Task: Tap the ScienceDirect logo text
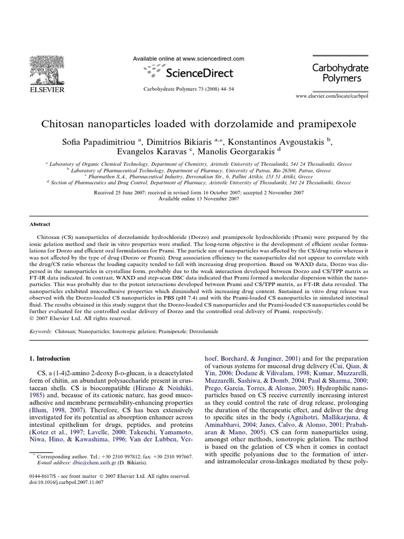[x=197, y=72]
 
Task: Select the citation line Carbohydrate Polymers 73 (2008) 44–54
[x=188, y=89]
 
